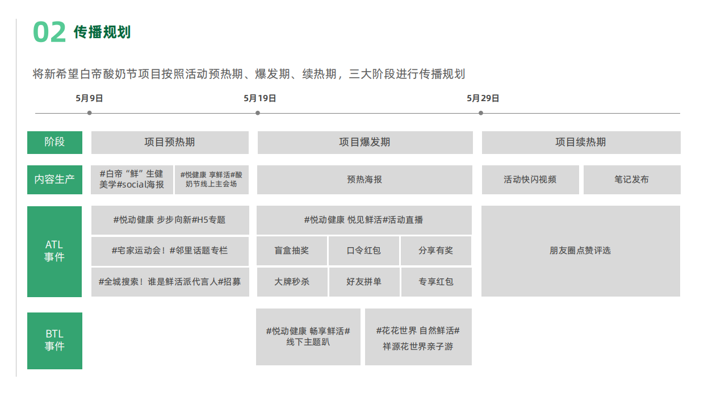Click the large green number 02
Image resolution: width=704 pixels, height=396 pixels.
tap(49, 32)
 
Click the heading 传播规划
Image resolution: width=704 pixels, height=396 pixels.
tap(102, 32)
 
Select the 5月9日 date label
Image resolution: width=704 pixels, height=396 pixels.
tap(89, 98)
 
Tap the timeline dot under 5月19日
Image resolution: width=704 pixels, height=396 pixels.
tap(258, 113)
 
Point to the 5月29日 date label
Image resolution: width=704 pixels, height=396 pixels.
tap(483, 98)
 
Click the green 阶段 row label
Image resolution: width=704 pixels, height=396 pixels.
tap(55, 143)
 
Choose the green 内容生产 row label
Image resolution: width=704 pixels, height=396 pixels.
tap(55, 180)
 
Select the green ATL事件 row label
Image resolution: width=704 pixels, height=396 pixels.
tap(55, 251)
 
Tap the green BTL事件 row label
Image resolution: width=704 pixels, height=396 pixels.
tap(55, 340)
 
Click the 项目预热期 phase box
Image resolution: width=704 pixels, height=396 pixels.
tap(170, 143)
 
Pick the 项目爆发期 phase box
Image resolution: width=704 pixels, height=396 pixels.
tap(364, 143)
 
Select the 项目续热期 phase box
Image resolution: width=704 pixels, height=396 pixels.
tap(581, 143)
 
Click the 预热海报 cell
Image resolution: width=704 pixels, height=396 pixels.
tap(364, 180)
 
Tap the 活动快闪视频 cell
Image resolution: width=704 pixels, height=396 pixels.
tap(530, 180)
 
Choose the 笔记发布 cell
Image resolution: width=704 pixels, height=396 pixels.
tap(631, 180)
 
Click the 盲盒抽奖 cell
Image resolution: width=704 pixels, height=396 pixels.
tap(292, 251)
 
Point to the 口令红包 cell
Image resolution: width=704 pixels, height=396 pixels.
tap(364, 251)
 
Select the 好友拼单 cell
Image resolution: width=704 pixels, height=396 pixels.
tap(364, 282)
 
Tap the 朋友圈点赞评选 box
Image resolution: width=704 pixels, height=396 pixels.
tap(580, 251)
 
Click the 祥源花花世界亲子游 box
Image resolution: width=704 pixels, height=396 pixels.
tap(418, 337)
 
